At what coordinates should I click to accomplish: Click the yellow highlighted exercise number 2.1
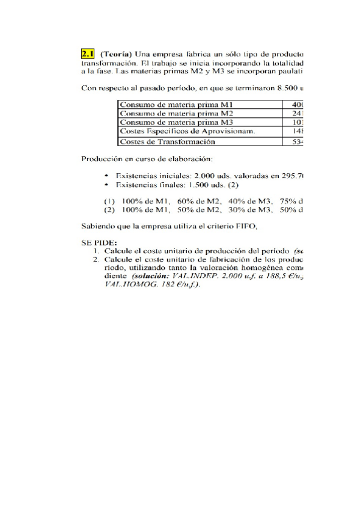(88, 53)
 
